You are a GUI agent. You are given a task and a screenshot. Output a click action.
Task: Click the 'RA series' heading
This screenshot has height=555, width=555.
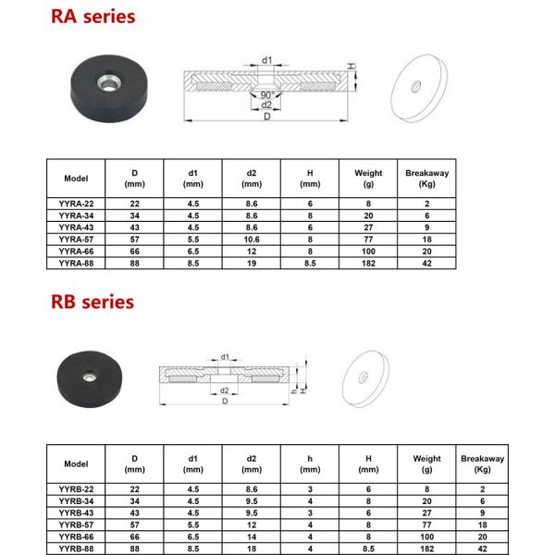93,17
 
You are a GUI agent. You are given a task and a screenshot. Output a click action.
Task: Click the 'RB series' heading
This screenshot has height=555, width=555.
92,302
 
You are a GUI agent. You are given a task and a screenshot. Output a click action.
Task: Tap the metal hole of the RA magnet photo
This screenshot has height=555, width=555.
109,83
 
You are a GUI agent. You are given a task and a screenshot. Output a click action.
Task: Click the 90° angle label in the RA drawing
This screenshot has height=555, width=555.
267,95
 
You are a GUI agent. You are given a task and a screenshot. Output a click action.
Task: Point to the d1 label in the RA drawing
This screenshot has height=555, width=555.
266,60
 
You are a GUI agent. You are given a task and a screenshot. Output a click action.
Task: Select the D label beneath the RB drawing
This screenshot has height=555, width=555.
225,401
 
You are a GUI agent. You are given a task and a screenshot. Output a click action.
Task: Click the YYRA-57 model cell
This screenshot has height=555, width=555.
76,240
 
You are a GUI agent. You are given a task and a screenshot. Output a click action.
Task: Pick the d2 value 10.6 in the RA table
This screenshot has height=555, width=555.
252,240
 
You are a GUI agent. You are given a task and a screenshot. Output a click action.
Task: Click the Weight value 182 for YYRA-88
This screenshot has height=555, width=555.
368,263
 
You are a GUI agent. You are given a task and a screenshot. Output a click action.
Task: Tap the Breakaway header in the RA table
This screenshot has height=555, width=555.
426,179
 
